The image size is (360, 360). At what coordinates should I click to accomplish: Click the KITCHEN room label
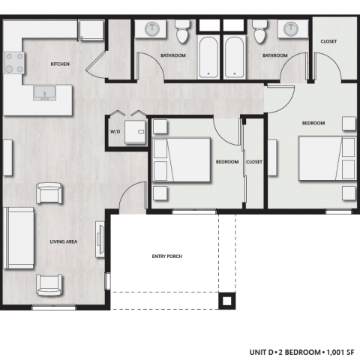click(x=60, y=64)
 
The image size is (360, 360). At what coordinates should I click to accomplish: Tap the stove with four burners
click(x=13, y=61)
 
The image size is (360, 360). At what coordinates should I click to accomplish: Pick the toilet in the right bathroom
click(x=259, y=33)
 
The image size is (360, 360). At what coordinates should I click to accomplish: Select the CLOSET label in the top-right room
click(x=328, y=42)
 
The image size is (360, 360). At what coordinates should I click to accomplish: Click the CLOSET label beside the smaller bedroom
click(x=254, y=162)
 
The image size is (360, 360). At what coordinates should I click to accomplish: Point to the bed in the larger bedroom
click(x=326, y=158)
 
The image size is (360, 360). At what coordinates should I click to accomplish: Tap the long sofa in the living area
click(x=18, y=238)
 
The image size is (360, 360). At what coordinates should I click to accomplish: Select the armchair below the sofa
click(x=49, y=284)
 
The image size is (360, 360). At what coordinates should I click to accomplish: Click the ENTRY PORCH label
click(x=162, y=256)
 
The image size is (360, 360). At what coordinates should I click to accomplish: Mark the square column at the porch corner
click(x=225, y=301)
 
